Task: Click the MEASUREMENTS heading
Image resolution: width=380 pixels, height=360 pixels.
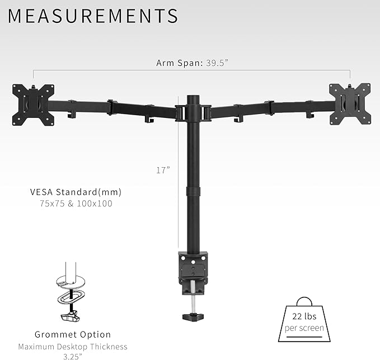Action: pos(93,16)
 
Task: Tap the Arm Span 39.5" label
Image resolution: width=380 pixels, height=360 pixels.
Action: pos(192,63)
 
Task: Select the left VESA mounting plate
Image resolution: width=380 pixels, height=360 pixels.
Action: pos(34,104)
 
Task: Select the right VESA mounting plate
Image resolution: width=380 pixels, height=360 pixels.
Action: pos(350,103)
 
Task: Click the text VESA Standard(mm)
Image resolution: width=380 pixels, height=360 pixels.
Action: pos(76,192)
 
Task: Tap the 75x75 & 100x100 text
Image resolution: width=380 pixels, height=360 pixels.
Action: pos(76,204)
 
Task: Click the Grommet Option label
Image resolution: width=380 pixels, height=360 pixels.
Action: pos(72,335)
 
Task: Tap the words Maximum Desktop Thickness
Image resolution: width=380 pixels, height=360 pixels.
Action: pos(72,347)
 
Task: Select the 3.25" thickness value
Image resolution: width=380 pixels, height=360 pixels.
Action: pos(72,356)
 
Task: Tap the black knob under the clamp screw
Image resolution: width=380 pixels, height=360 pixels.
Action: pos(193,316)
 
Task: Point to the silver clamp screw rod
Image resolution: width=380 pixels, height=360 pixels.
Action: pos(193,299)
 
